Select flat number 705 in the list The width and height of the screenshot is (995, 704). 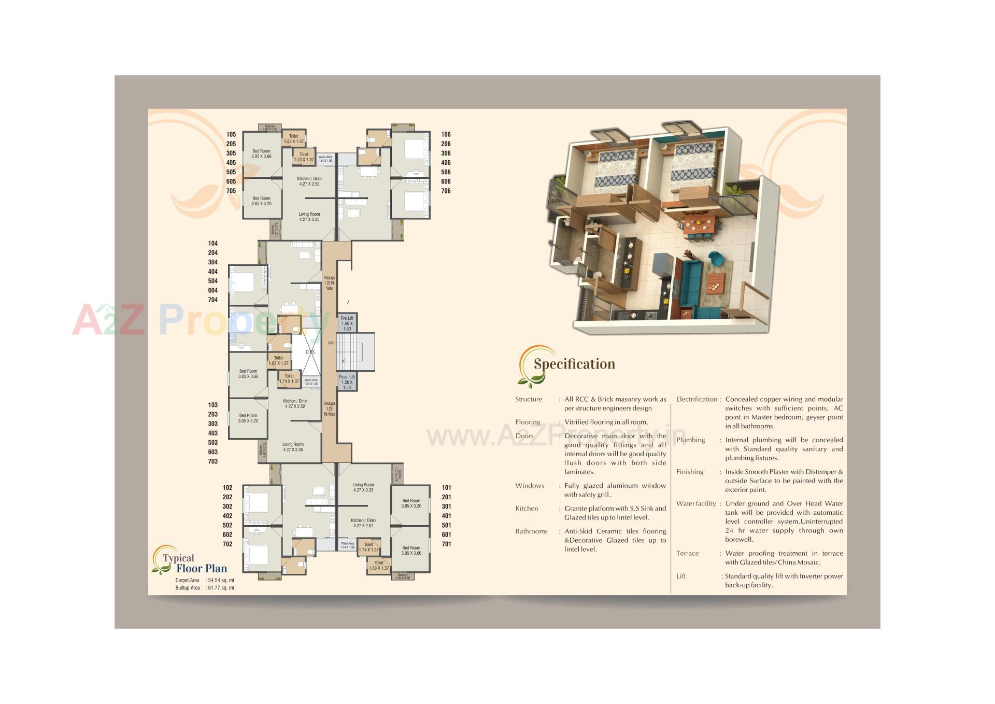pyautogui.click(x=231, y=191)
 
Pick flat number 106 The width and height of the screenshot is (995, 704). pyautogui.click(x=446, y=134)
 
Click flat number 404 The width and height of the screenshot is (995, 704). pyautogui.click(x=213, y=272)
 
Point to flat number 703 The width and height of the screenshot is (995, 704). pyautogui.click(x=213, y=461)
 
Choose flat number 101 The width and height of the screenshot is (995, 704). pyautogui.click(x=446, y=488)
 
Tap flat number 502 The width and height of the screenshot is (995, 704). pyautogui.click(x=228, y=525)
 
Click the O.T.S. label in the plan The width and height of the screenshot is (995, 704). pyautogui.click(x=310, y=352)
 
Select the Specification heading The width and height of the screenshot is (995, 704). pyautogui.click(x=574, y=364)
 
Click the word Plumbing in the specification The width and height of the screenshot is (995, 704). pyautogui.click(x=690, y=440)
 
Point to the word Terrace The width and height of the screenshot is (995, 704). pyautogui.click(x=687, y=553)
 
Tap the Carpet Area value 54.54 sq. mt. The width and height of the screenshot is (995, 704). pyautogui.click(x=221, y=581)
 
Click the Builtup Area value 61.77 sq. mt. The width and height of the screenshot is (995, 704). pyautogui.click(x=221, y=588)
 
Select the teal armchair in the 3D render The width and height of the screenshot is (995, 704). pyautogui.click(x=716, y=258)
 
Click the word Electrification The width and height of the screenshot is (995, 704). pyautogui.click(x=696, y=399)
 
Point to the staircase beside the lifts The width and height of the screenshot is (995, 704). pyautogui.click(x=355, y=352)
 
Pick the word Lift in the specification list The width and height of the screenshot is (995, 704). pyautogui.click(x=681, y=576)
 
